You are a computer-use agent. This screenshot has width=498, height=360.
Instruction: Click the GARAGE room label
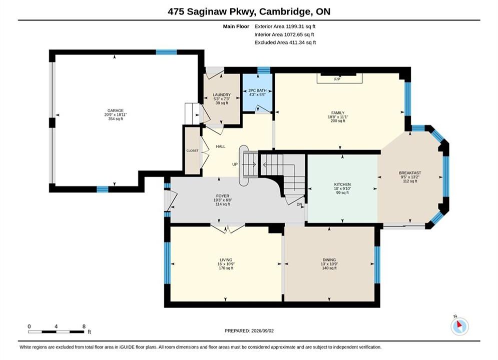pos(115,110)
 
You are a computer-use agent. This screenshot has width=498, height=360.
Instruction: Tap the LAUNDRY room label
pos(222,95)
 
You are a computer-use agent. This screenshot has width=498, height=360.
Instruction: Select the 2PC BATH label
pos(258,90)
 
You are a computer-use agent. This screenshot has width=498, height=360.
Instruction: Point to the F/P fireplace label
pos(337,79)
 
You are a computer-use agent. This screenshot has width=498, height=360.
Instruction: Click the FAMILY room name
pos(338,113)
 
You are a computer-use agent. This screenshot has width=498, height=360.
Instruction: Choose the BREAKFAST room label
pos(410,173)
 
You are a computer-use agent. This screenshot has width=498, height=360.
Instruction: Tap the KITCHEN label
pos(342,184)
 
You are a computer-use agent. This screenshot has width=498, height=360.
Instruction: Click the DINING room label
pos(329,260)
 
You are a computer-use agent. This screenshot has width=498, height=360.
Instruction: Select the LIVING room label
pos(226,260)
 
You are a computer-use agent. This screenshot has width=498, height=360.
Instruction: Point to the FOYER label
pos(223,196)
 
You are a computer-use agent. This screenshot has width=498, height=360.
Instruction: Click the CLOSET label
pos(193,150)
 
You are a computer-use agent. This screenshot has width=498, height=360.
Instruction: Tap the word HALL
pos(221,146)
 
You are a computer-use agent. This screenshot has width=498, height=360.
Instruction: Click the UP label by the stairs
pos(235,164)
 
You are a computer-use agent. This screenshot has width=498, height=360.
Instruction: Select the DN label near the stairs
pos(299,204)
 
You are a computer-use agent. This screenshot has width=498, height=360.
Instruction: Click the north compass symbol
pos(459,325)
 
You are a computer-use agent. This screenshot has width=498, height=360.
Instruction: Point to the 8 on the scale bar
pos(84,326)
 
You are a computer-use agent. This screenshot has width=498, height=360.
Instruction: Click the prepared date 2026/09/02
pos(262,331)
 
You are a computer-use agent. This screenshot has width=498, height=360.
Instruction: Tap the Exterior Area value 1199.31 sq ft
pos(300,26)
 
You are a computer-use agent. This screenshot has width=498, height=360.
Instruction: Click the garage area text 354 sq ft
pos(115,119)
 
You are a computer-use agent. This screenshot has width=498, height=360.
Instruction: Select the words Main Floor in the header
pos(236,26)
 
